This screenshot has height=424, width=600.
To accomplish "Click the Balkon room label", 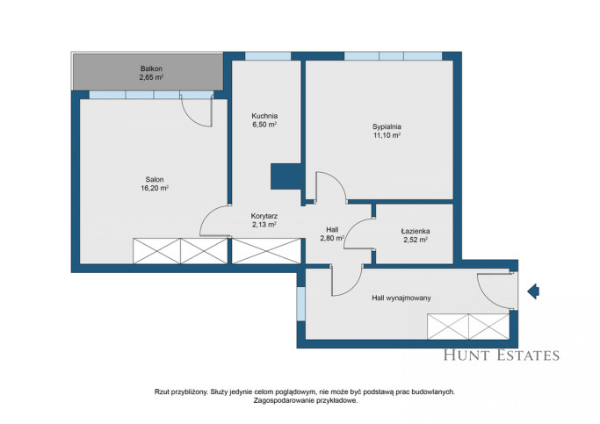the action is pyautogui.click(x=151, y=68).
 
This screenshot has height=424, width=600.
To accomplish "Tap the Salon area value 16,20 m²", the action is pyautogui.click(x=155, y=188).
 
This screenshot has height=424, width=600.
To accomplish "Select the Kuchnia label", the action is pyautogui.click(x=264, y=116).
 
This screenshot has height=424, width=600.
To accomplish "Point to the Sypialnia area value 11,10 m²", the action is pyautogui.click(x=387, y=135).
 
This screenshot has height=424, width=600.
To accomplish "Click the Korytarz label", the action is pyautogui.click(x=264, y=216).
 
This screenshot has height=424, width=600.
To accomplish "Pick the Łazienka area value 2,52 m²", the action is pyautogui.click(x=416, y=241).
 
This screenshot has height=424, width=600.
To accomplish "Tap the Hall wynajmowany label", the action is pyautogui.click(x=401, y=298).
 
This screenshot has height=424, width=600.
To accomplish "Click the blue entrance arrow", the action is pyautogui.click(x=533, y=291).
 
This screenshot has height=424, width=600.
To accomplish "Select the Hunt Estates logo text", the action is pyautogui.click(x=502, y=356).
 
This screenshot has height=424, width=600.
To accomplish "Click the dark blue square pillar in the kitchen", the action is pyautogui.click(x=286, y=176).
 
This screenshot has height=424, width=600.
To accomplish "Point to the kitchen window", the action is pyautogui.click(x=268, y=56).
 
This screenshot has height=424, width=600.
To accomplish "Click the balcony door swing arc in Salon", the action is pyautogui.click(x=192, y=116).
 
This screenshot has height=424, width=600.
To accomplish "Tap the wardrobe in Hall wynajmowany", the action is pyautogui.click(x=468, y=327).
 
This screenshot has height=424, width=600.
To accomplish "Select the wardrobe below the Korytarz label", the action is pyautogui.click(x=266, y=251).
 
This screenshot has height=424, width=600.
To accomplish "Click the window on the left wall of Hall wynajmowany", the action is pyautogui.click(x=301, y=304).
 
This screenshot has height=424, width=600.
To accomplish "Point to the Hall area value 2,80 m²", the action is pyautogui.click(x=332, y=239).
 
